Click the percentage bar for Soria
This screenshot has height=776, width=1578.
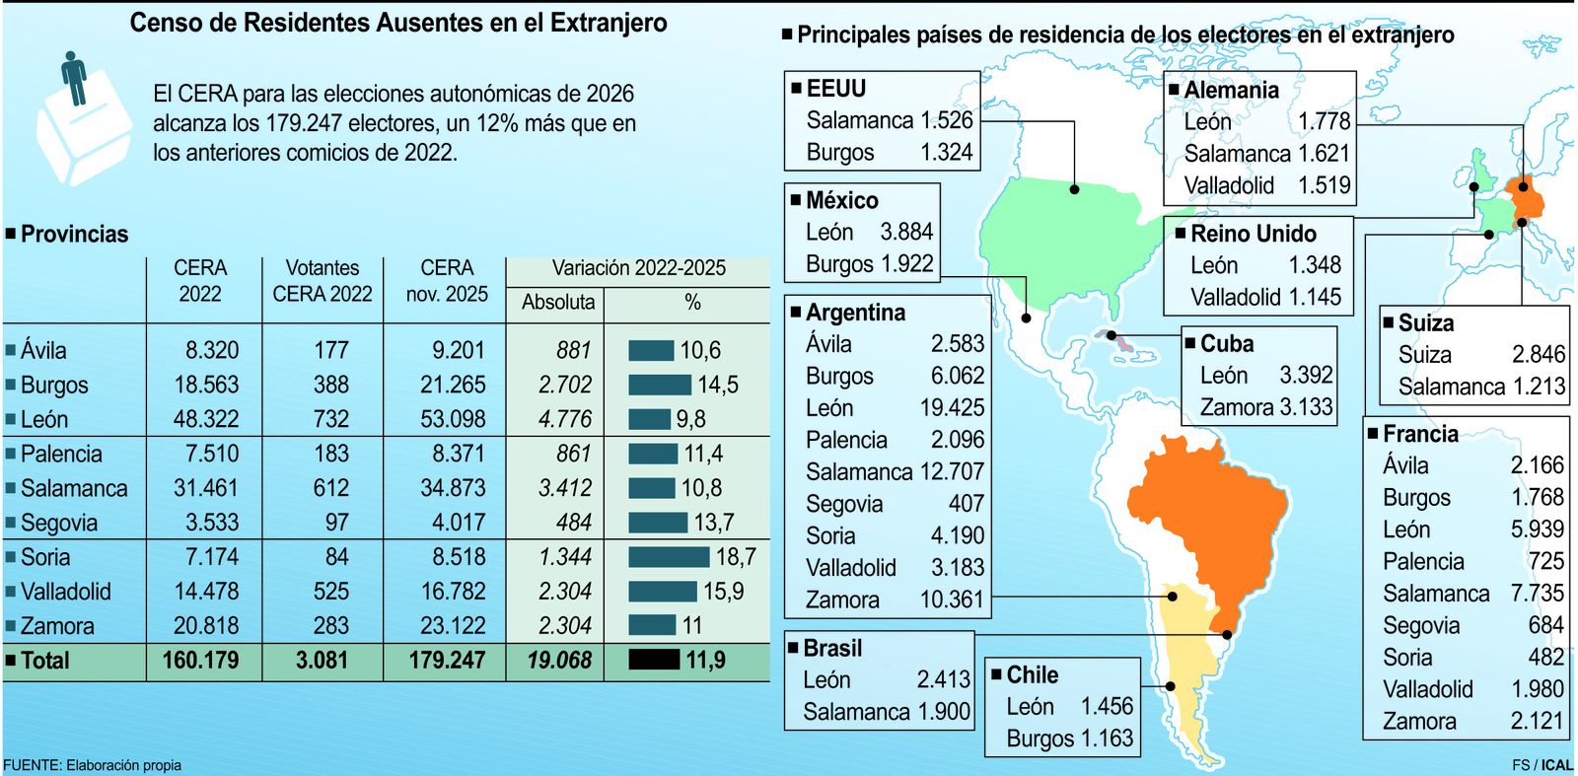pos(668,557)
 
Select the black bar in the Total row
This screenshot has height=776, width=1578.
pos(654,660)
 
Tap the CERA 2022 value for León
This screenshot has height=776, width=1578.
pos(206,419)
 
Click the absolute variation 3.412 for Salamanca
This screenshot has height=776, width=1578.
pos(565,488)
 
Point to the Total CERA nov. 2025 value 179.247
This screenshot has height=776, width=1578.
pos(447,660)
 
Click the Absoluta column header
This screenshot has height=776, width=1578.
pos(557,303)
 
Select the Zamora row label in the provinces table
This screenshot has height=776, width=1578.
pos(57,626)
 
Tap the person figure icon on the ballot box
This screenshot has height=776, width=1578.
pos(74,77)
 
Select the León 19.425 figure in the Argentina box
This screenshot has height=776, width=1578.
pos(952,408)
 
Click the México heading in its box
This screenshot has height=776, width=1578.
pos(841,200)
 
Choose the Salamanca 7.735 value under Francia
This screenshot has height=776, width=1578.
pos(1537,594)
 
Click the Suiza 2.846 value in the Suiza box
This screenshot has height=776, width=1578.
pos(1538,355)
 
